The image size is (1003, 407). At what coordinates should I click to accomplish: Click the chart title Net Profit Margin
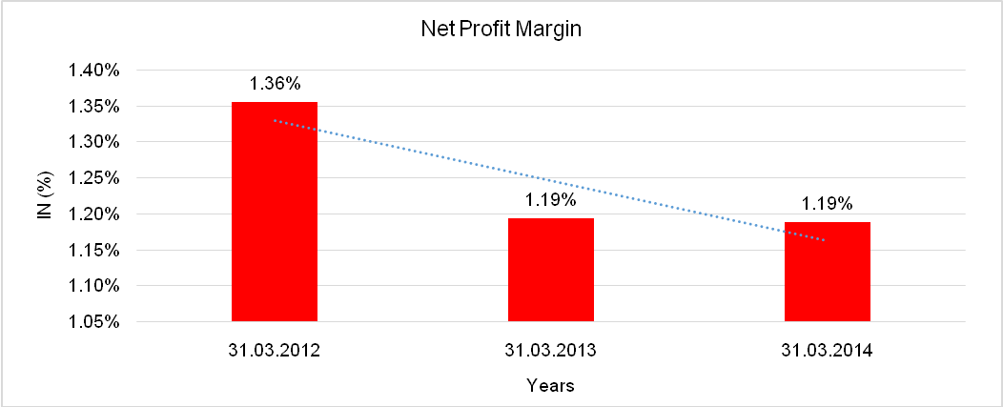pos(501,29)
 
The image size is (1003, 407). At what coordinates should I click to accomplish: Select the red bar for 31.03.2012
pos(275,212)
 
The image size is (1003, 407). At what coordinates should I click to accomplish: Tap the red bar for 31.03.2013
pos(551,270)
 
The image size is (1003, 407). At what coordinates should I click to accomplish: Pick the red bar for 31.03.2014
pos(827,272)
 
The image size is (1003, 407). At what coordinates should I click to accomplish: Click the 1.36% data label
pos(275,83)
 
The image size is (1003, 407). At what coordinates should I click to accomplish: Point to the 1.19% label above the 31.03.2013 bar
pos(551,200)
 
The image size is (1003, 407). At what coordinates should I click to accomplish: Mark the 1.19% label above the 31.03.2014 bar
pos(827,203)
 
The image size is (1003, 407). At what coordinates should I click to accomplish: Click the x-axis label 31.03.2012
pos(275,350)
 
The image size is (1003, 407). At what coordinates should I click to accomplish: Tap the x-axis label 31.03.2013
pos(551,350)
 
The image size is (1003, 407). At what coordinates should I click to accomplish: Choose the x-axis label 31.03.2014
pos(827,350)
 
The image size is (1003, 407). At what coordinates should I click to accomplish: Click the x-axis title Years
pos(551,386)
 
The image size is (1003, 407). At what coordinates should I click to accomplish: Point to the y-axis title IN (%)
pos(44,195)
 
